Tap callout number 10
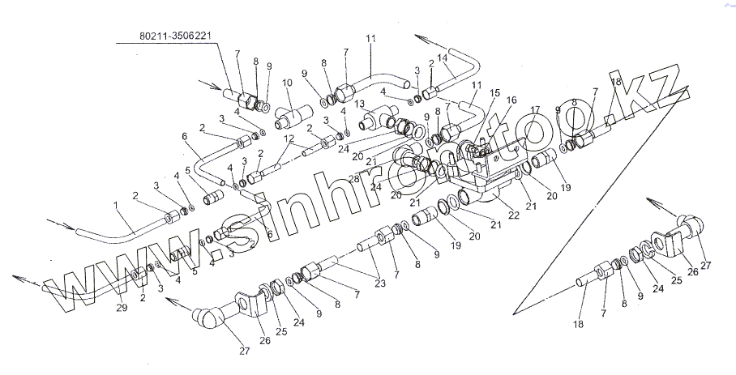tap(287, 83)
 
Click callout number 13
tap(360, 104)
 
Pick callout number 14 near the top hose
tap(442, 58)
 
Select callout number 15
tap(495, 93)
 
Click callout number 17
tap(535, 109)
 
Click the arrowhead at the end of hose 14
tap(418, 37)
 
